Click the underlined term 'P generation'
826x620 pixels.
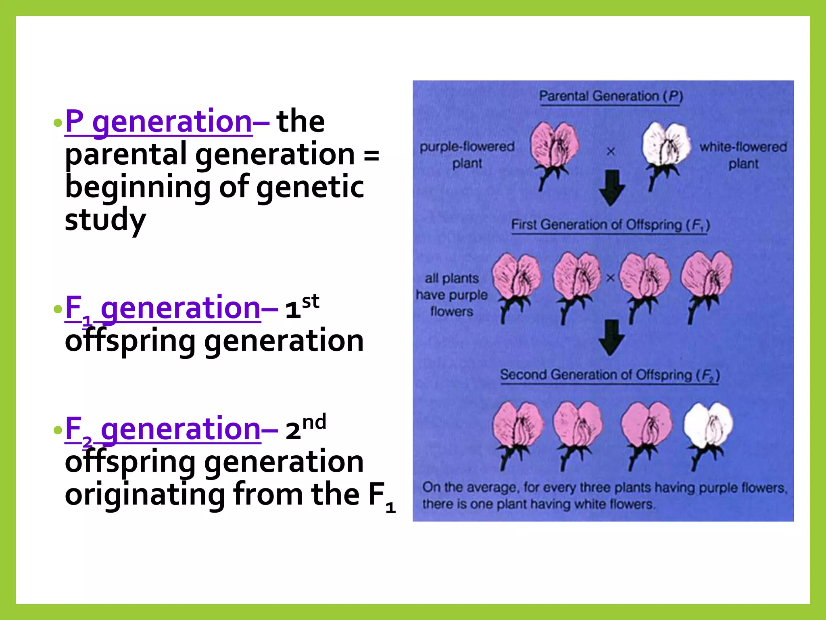[159, 121]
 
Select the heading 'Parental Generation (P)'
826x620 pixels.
[611, 96]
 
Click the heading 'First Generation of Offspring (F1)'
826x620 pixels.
[610, 225]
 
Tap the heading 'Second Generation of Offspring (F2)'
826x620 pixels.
[610, 375]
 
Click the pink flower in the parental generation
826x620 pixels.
[554, 145]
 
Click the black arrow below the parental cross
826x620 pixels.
[612, 188]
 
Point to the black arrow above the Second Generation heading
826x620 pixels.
[611, 337]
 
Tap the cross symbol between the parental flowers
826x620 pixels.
[611, 151]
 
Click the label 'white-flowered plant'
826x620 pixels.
[743, 155]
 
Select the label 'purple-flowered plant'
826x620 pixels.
[467, 155]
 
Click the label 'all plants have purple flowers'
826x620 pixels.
[452, 295]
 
